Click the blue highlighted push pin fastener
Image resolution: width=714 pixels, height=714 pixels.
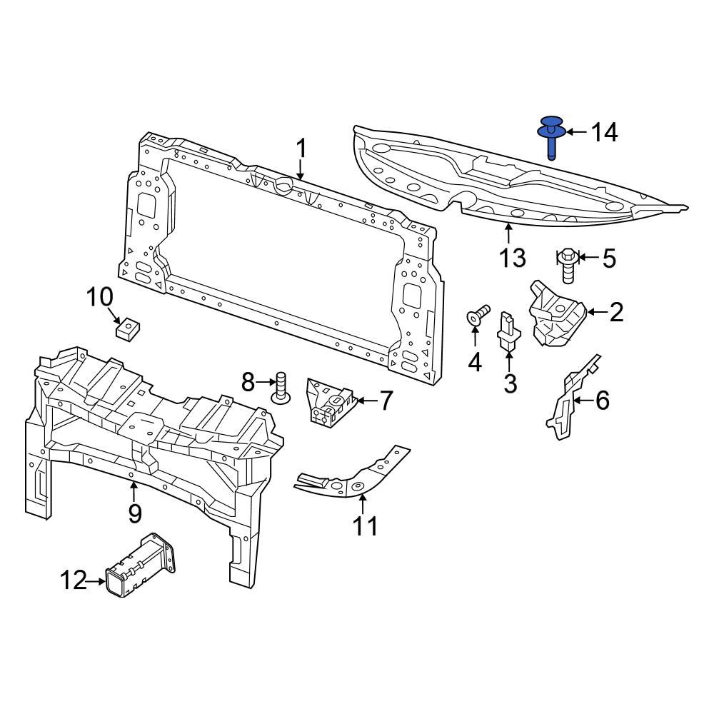click(552, 136)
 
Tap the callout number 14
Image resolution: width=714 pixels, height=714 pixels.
click(604, 132)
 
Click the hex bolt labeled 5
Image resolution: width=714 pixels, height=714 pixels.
click(568, 266)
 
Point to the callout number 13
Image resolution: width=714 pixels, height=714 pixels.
click(513, 257)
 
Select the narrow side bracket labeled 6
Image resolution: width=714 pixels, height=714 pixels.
click(571, 400)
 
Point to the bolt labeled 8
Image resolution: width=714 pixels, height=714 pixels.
click(281, 387)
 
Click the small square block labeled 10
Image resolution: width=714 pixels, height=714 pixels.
click(126, 328)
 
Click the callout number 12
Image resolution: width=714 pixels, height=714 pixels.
click(73, 581)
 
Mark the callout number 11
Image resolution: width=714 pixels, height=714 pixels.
click(365, 526)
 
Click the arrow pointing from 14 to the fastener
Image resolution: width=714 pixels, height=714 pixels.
click(575, 132)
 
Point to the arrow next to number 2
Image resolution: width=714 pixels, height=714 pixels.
click(595, 311)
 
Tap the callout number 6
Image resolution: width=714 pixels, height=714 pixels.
click(602, 401)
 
